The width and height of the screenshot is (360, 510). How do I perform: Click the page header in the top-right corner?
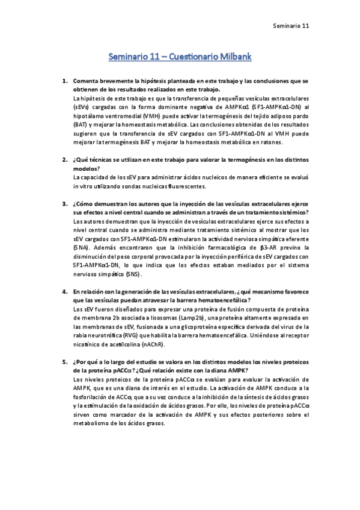point(291,26)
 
